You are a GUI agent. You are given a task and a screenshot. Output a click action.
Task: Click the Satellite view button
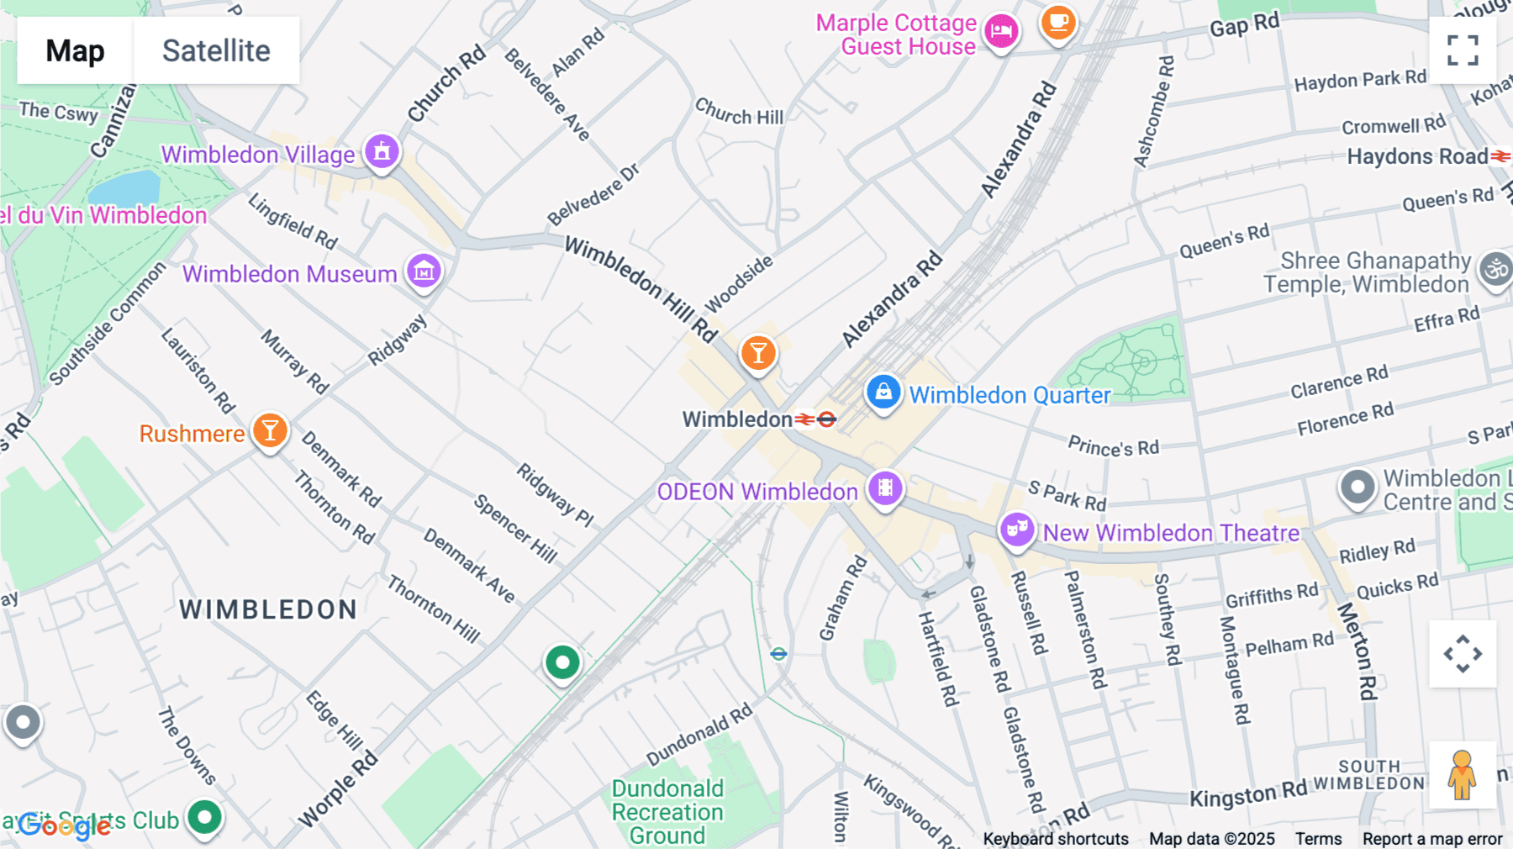[x=216, y=50]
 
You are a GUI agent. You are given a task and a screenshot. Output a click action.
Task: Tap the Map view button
[x=76, y=50]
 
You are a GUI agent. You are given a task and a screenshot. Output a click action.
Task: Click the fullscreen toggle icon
[x=1463, y=50]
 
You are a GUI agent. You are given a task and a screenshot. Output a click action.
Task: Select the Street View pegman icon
[x=1462, y=774]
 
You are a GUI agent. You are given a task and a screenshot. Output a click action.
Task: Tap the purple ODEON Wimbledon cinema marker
[x=884, y=488]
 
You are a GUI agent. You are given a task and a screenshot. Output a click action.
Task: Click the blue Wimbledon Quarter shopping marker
[x=883, y=392]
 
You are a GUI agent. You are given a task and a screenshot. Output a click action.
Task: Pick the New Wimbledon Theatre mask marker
[x=1017, y=530]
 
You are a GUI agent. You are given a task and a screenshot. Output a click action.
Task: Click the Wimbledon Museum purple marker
[x=424, y=271]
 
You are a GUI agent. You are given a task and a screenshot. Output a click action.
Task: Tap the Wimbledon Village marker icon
[x=382, y=152]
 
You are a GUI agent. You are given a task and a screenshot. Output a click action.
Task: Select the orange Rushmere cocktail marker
[x=270, y=430]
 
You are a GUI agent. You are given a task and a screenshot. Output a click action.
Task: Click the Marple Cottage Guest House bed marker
[x=1001, y=32]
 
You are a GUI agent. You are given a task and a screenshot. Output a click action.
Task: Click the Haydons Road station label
[x=1417, y=156]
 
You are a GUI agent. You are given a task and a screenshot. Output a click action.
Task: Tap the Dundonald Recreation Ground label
[x=667, y=812]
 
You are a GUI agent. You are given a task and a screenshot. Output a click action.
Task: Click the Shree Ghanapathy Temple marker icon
[x=1495, y=270]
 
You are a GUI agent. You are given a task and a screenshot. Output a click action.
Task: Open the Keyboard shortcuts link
[x=1056, y=839]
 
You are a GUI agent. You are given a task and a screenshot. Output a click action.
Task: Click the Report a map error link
[x=1432, y=839]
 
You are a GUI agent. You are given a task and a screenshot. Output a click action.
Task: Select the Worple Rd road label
[x=339, y=789]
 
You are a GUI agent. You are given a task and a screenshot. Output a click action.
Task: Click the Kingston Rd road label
[x=1248, y=794]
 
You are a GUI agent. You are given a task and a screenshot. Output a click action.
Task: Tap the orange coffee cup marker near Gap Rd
[x=1058, y=22]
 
